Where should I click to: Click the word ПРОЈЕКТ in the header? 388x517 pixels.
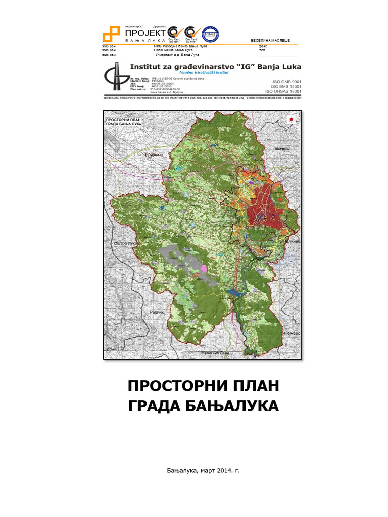[144, 33]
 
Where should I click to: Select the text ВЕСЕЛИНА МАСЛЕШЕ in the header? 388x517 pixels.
[270, 40]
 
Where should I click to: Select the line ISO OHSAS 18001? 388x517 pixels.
[283, 92]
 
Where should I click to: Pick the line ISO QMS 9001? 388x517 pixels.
[286, 81]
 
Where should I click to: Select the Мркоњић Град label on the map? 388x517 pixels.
[215, 353]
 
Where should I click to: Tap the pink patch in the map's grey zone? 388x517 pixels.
[203, 268]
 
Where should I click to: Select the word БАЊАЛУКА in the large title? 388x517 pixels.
[237, 406]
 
